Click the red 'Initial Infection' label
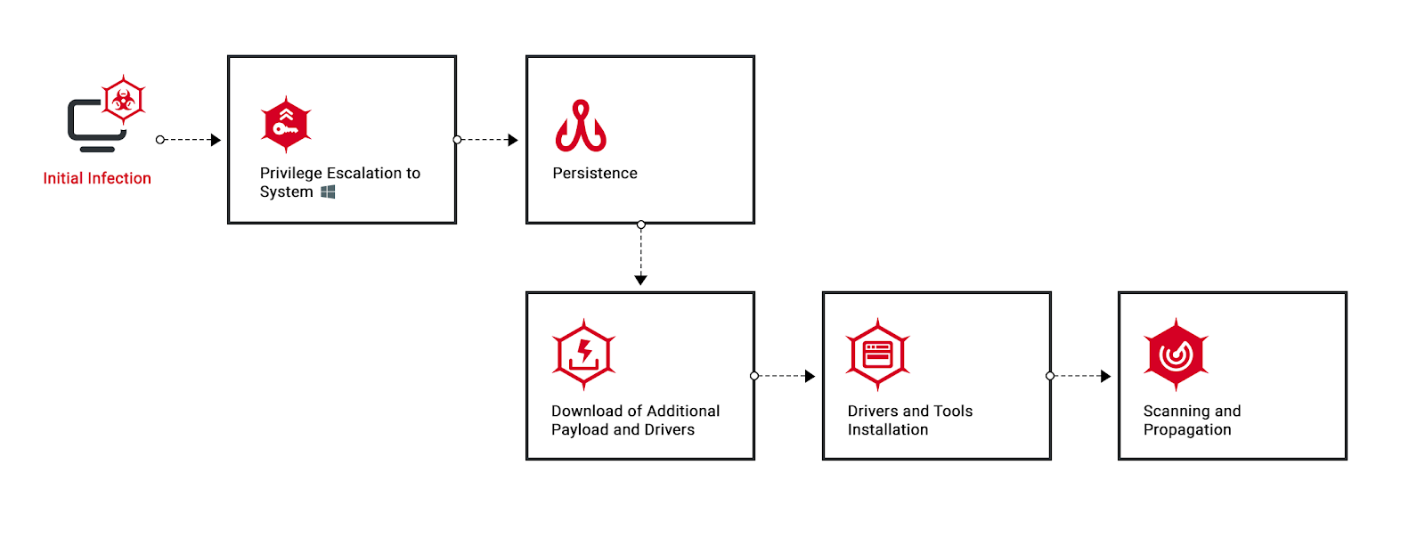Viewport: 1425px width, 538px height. coord(97,179)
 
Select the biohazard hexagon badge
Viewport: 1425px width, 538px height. coord(124,100)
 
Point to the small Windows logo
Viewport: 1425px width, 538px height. coord(328,192)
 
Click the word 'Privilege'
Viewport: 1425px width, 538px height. coord(290,174)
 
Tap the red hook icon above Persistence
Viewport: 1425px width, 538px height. coord(580,126)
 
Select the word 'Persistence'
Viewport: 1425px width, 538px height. coord(595,174)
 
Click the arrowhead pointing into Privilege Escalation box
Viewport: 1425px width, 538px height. coord(216,140)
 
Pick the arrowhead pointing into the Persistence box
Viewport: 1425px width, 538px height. coord(513,140)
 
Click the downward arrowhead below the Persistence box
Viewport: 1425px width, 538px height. coord(640,280)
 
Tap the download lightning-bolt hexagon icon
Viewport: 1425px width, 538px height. coord(583,355)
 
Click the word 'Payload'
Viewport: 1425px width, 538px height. coord(580,430)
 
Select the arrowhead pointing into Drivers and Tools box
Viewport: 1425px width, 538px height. coord(810,376)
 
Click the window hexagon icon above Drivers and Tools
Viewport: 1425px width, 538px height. coord(878,355)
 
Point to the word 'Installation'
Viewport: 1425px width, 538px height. coord(888,430)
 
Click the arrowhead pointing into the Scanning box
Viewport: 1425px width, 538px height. coord(1105,376)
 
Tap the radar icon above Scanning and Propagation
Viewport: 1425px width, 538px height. coord(1177,355)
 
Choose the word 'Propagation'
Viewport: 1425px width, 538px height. coord(1187,430)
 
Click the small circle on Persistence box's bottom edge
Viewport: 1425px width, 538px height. coord(640,224)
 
